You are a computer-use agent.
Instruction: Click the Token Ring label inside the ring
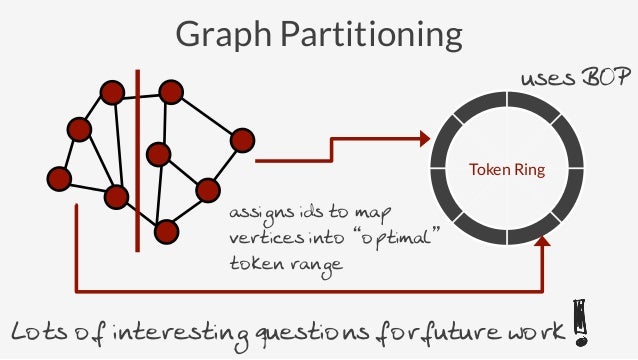tap(507, 171)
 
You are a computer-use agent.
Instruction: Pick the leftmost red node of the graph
tap(59, 179)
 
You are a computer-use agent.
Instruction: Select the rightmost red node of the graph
tap(242, 140)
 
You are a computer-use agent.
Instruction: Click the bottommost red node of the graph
tap(167, 232)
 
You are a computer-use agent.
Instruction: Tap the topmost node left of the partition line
tap(111, 95)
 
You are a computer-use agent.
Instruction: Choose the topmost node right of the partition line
tap(171, 93)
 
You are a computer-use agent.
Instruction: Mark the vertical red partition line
tap(138, 160)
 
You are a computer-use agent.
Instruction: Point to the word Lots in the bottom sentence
tap(40, 331)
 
